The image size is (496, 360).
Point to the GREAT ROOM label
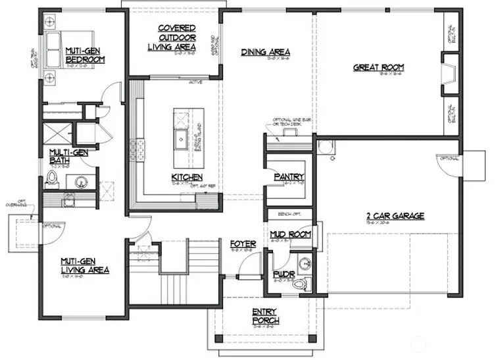378,67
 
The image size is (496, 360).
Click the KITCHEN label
186,177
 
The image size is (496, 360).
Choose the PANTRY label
288,176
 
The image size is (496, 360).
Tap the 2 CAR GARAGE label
395,215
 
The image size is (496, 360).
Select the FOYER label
243,244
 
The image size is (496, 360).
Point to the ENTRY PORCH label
265,316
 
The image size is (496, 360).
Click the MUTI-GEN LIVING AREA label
85,265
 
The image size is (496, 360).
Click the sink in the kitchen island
180,138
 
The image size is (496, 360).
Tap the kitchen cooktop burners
139,149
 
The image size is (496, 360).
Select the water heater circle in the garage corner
323,147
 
